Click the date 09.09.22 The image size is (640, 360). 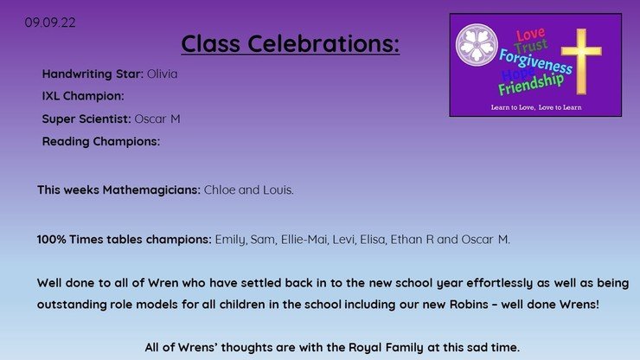point(50,22)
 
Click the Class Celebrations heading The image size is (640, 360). point(291,43)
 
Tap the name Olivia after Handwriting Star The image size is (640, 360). point(162,74)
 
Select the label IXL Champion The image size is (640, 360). point(83,96)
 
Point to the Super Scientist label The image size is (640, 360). point(86,119)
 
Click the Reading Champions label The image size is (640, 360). point(101,141)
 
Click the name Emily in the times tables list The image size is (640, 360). point(231,240)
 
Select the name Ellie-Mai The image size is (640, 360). point(304,240)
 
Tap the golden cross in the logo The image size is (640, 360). point(581,61)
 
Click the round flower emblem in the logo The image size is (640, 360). point(477,45)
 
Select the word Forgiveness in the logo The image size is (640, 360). point(535,61)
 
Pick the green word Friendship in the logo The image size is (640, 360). point(531,84)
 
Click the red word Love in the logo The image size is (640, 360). point(530,35)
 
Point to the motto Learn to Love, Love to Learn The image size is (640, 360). point(536,107)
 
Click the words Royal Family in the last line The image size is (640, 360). point(386,348)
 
